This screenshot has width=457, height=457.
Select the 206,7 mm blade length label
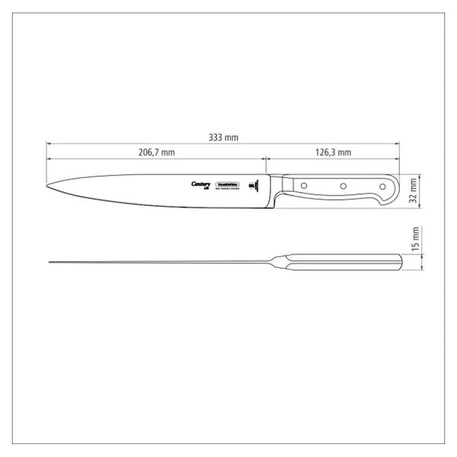pos(157,153)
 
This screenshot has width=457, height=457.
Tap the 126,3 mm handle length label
pos(332,153)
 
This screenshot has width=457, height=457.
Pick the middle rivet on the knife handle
pos(341,187)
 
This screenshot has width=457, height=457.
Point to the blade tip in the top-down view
pos(50,262)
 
